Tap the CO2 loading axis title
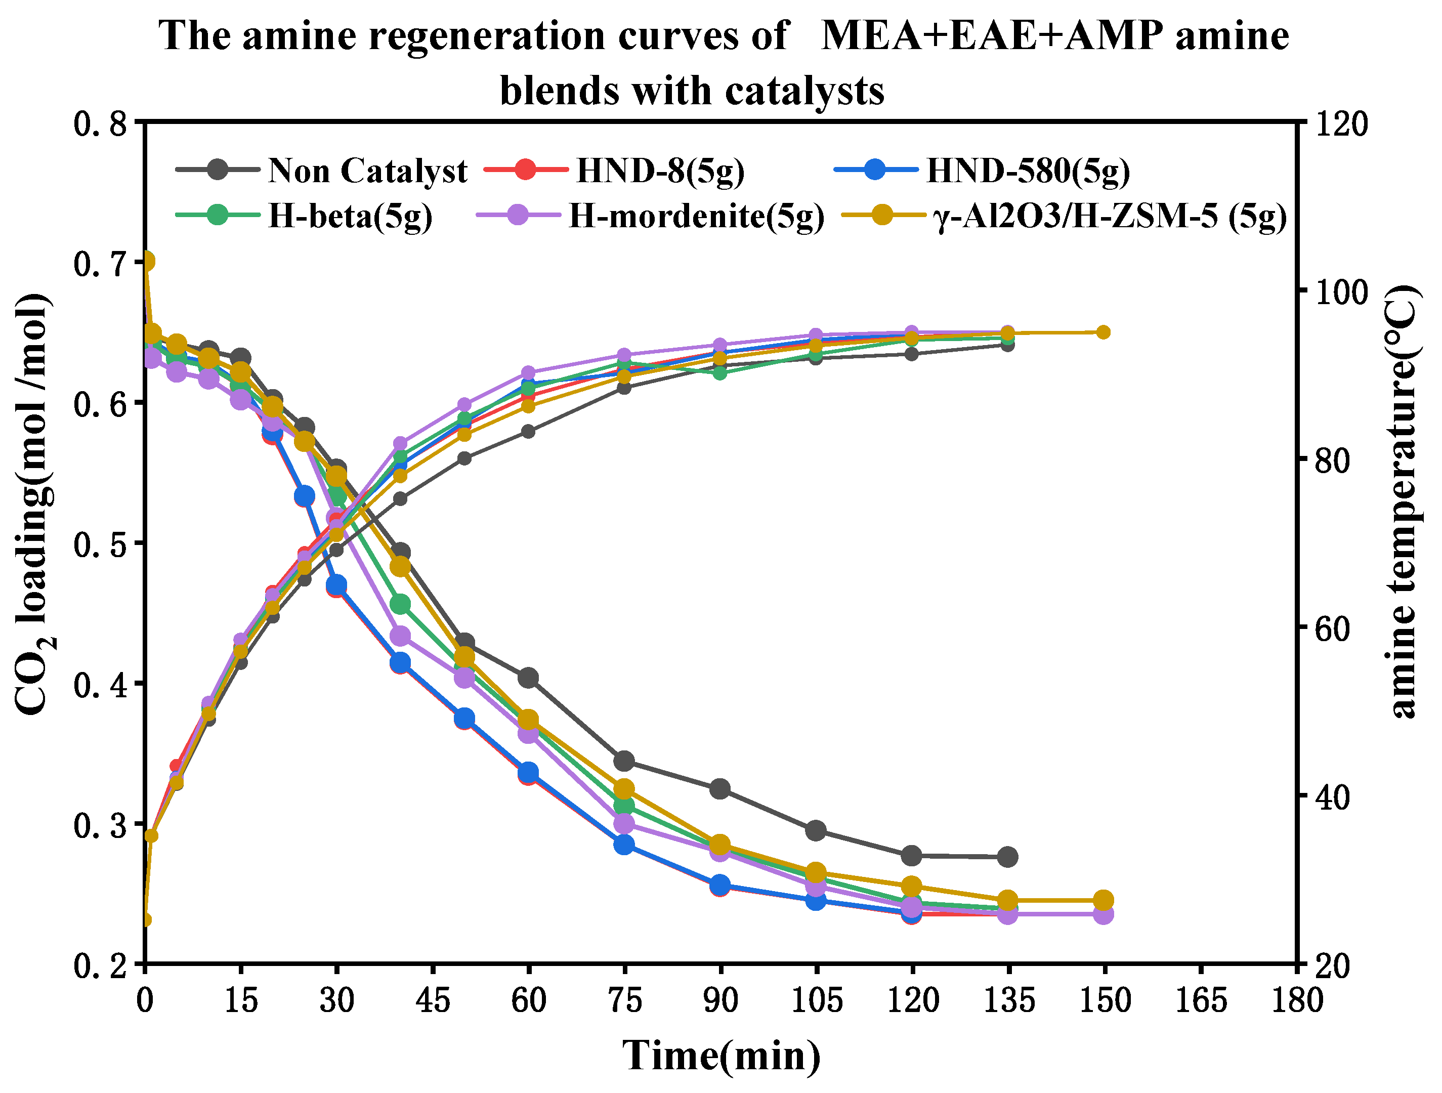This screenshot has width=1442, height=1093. [x=34, y=506]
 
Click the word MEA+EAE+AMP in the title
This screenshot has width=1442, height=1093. [x=991, y=35]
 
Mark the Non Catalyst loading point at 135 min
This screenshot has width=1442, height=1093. [x=1007, y=857]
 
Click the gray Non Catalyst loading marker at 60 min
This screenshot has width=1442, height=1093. [x=528, y=678]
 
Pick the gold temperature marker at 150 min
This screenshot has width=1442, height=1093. [x=1103, y=332]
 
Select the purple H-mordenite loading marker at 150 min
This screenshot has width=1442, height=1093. [x=1103, y=914]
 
